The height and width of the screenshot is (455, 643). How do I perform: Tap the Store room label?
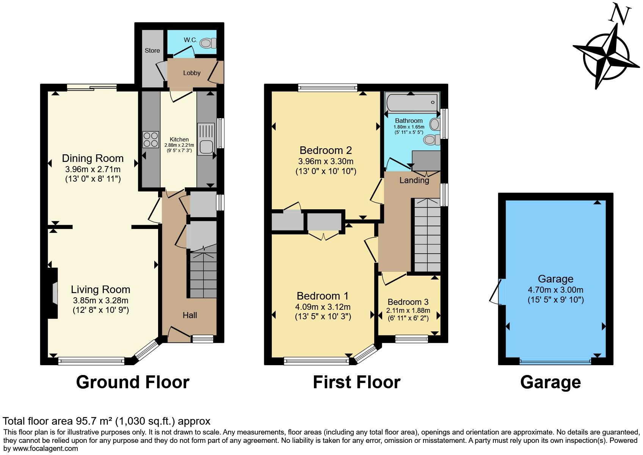pos(152,50)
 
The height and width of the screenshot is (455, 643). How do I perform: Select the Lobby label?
pos(192,73)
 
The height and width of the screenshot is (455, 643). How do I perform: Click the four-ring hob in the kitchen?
pos(151,139)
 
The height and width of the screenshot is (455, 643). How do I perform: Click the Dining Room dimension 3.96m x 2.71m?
pos(93,169)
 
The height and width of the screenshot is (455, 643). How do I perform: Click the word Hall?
pos(190,315)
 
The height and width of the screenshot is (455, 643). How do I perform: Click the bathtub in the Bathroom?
pos(411,102)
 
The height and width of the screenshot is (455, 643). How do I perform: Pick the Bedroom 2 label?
pos(326,150)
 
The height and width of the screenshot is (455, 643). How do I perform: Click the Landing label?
pos(414,180)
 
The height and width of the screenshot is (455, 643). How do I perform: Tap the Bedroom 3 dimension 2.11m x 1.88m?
pos(408,311)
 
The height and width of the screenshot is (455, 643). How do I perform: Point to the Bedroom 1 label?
pos(323,296)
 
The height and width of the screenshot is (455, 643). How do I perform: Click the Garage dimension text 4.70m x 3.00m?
pos(555,290)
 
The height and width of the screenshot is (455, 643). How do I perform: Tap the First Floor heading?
pos(356,382)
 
